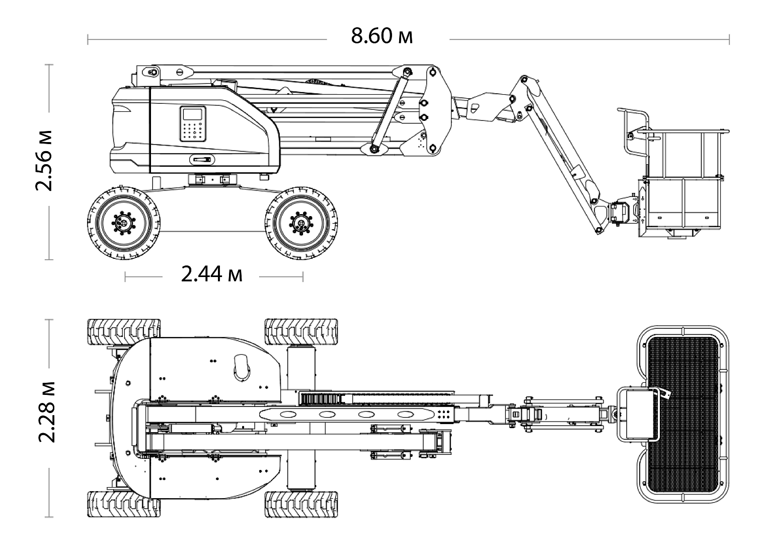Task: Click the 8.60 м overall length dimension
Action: (x=382, y=36)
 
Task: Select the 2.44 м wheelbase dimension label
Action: (x=211, y=275)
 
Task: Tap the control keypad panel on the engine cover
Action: (x=193, y=123)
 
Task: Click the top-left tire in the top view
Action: (x=124, y=331)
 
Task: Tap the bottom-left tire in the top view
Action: (x=124, y=504)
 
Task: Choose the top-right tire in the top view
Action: (x=300, y=331)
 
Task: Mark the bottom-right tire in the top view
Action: (x=300, y=504)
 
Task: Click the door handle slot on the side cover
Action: (x=202, y=160)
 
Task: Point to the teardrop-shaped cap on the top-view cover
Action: (x=242, y=366)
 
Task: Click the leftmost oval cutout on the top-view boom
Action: (x=287, y=414)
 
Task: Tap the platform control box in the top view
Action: (x=637, y=414)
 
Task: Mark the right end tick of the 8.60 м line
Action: (x=729, y=39)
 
